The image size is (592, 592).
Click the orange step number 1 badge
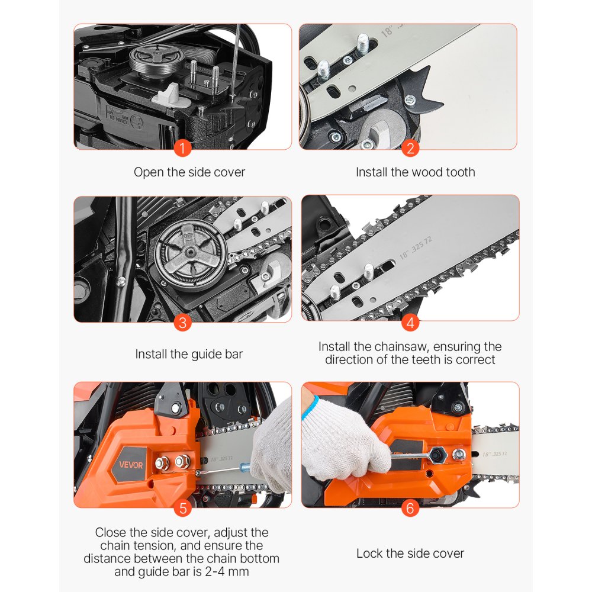pos(183,148)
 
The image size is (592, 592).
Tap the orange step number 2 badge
pos(410,148)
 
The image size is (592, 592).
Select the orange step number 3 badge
pos(183,323)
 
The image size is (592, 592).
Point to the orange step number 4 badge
pos(410,323)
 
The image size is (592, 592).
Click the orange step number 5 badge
pos(183,507)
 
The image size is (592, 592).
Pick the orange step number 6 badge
pos(410,507)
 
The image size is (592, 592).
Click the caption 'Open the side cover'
pos(189,172)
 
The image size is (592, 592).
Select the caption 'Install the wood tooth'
pos(415,172)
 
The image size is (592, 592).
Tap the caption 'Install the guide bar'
pos(189,354)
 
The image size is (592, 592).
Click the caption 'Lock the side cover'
pos(410,554)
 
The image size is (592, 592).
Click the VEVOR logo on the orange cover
pos(130,465)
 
